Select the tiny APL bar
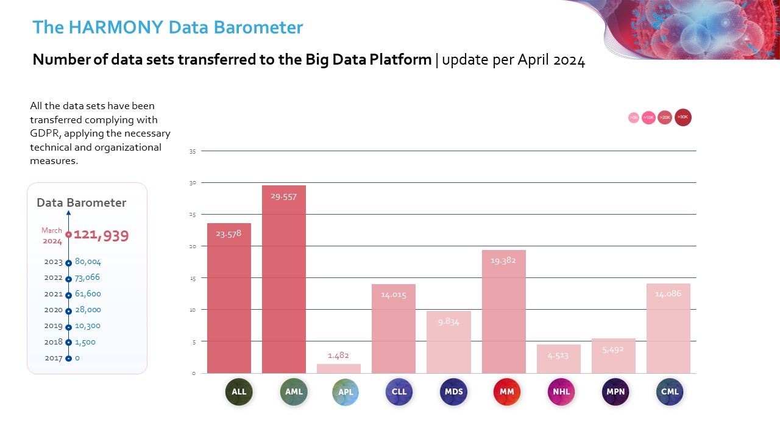[x=339, y=368]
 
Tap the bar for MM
[x=504, y=312]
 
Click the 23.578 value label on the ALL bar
[x=229, y=233]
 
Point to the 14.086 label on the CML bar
[x=668, y=294]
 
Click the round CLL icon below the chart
[x=399, y=392]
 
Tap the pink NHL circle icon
[x=561, y=392]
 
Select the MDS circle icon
[x=454, y=392]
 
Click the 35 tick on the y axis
[x=192, y=151]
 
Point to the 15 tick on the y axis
[x=192, y=278]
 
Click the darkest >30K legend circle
[x=683, y=117]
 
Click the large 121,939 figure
[x=101, y=236]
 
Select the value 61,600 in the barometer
[x=88, y=294]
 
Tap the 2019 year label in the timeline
[x=54, y=326]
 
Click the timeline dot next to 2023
[x=69, y=263]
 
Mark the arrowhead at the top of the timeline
[x=68, y=213]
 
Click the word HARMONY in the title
[x=112, y=27]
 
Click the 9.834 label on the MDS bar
[x=448, y=321]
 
